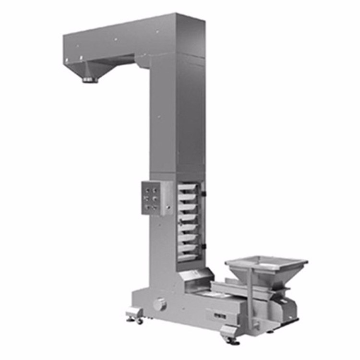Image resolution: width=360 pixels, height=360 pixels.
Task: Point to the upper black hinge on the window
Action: click(204, 193)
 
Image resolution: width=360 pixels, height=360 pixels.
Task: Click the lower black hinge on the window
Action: click(204, 247)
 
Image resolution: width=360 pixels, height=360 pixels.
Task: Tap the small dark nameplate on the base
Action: click(215, 316)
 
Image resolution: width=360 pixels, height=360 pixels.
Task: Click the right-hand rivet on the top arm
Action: click(156, 33)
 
